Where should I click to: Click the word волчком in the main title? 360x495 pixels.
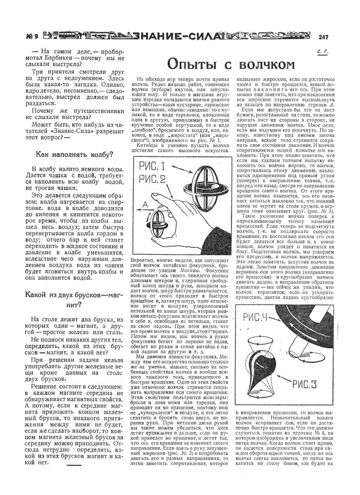[259, 64]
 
